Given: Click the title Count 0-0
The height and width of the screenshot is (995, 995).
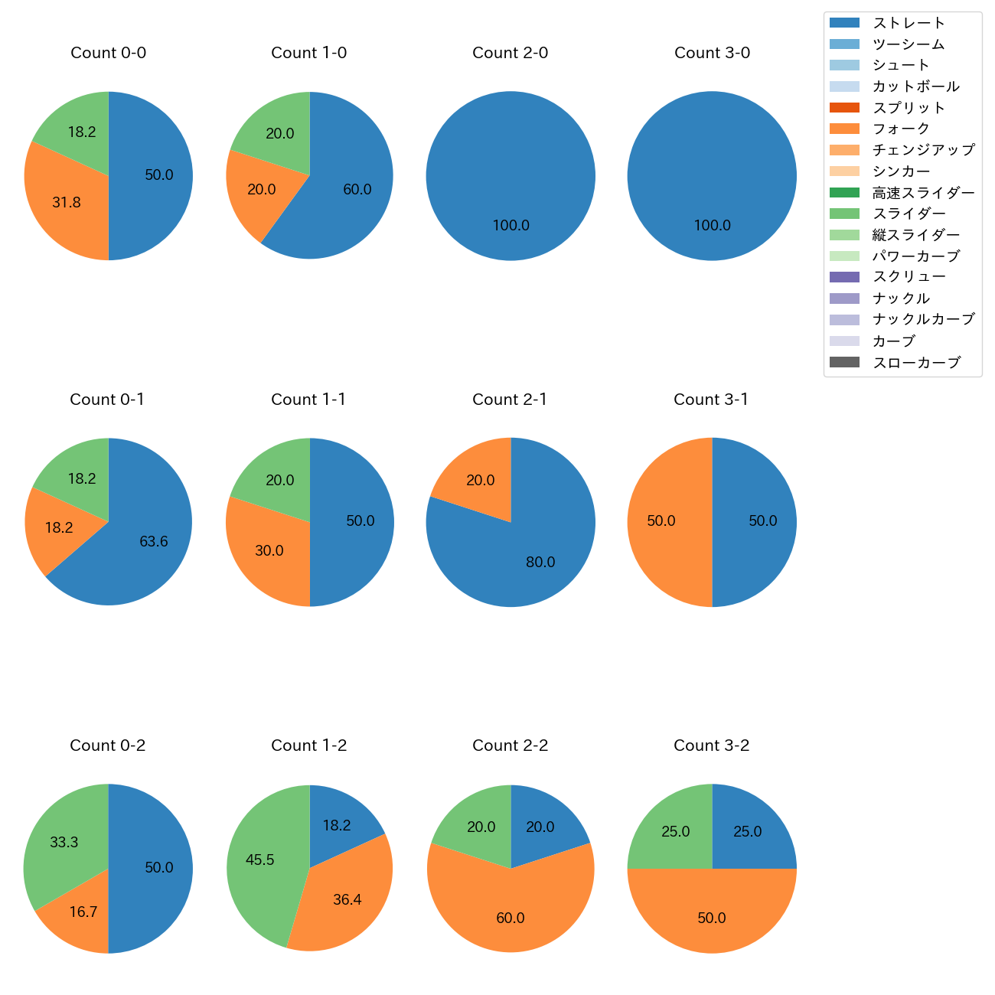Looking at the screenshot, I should coord(109,53).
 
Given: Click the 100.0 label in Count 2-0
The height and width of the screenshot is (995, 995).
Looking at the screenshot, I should coord(511,226).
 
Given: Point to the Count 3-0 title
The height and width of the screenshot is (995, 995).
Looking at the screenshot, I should coord(712,53).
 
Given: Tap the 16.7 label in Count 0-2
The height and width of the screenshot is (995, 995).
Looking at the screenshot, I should coord(83,912).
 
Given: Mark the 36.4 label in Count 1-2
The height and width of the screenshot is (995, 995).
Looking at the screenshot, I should coord(347,900).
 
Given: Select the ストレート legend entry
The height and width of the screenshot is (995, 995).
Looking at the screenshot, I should coord(909,23).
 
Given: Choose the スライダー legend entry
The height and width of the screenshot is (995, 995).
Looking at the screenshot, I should coord(909,214).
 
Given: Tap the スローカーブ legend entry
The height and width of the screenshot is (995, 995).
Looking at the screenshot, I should coord(916,363).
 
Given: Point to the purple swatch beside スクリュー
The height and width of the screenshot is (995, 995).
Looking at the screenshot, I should coord(844,277).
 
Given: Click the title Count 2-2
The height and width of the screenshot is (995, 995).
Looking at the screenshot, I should coord(511,745).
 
